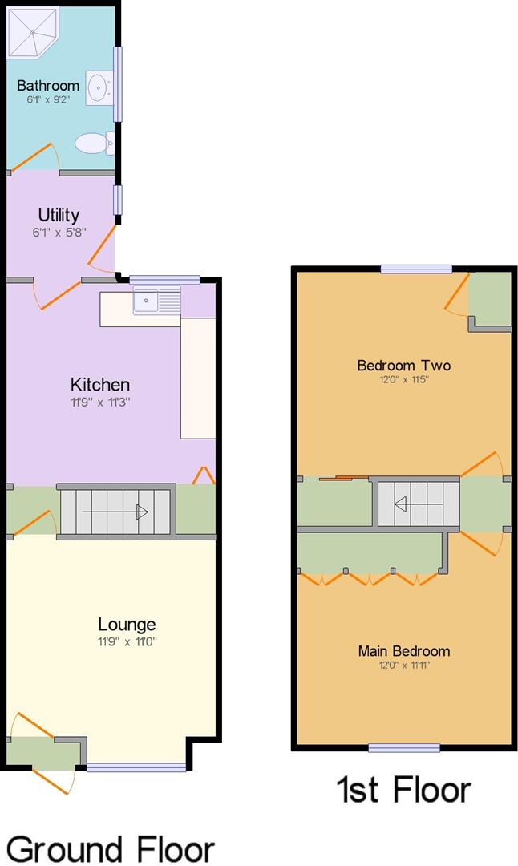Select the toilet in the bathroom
click(93, 143)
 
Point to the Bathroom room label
click(48, 85)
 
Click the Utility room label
click(59, 215)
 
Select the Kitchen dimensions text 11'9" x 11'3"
click(99, 402)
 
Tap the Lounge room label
click(127, 624)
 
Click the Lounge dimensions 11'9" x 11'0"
click(127, 641)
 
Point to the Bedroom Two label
click(403, 366)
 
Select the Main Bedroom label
click(403, 650)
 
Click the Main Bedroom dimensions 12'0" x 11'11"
click(403, 665)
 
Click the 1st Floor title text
click(403, 789)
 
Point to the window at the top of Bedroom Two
click(415, 269)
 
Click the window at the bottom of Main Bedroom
click(404, 748)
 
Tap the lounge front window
click(136, 767)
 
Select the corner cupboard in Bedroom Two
click(490, 300)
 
